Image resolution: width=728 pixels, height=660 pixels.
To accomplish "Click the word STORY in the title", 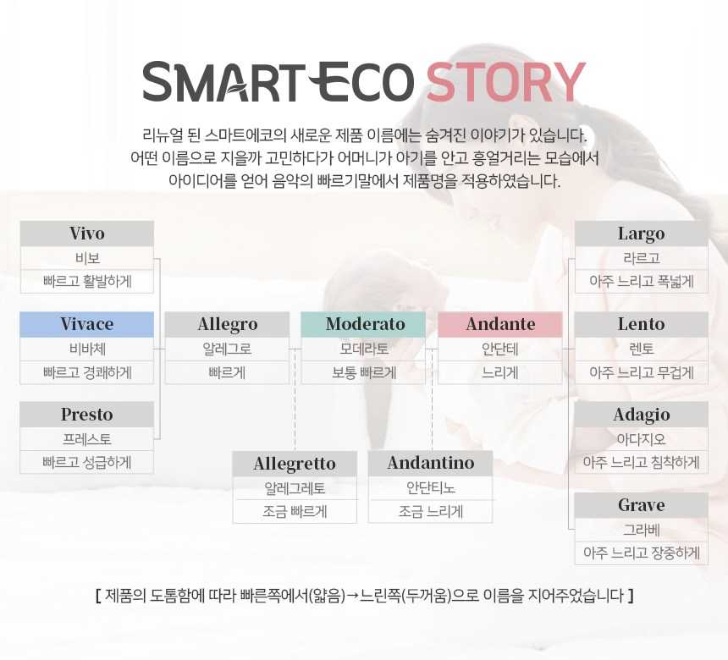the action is pyautogui.click(x=505, y=82).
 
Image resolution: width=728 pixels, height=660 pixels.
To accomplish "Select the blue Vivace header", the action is pyautogui.click(x=87, y=324).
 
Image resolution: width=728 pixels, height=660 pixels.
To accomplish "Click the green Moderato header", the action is pyautogui.click(x=363, y=324).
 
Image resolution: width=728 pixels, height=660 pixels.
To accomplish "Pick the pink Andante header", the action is pyautogui.click(x=500, y=324).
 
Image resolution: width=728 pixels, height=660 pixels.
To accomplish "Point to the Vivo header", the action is pyautogui.click(x=87, y=234).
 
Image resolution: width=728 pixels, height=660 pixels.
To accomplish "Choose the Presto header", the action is pyautogui.click(x=87, y=414).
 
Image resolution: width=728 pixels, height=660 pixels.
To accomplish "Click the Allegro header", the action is pyautogui.click(x=227, y=324).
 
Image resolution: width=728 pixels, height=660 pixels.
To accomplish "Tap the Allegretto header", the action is pyautogui.click(x=295, y=463).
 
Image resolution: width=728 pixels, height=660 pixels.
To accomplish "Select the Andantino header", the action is pyautogui.click(x=430, y=463).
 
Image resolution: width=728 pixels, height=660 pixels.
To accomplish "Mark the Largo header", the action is pyautogui.click(x=641, y=234).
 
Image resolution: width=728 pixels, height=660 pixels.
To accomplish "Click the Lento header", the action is pyautogui.click(x=641, y=324).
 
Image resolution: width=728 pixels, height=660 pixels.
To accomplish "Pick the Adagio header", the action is pyautogui.click(x=641, y=414).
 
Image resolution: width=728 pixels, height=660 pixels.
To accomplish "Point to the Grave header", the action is pyautogui.click(x=641, y=505).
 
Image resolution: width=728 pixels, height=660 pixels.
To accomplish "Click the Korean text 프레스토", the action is pyautogui.click(x=87, y=439).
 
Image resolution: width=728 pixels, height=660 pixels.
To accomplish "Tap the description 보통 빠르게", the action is pyautogui.click(x=363, y=372).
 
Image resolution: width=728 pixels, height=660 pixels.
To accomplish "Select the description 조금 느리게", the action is pyautogui.click(x=430, y=511).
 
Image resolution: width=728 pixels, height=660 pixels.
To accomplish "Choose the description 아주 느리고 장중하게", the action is pyautogui.click(x=641, y=553).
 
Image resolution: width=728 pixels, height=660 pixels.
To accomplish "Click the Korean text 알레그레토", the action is pyautogui.click(x=295, y=488).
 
